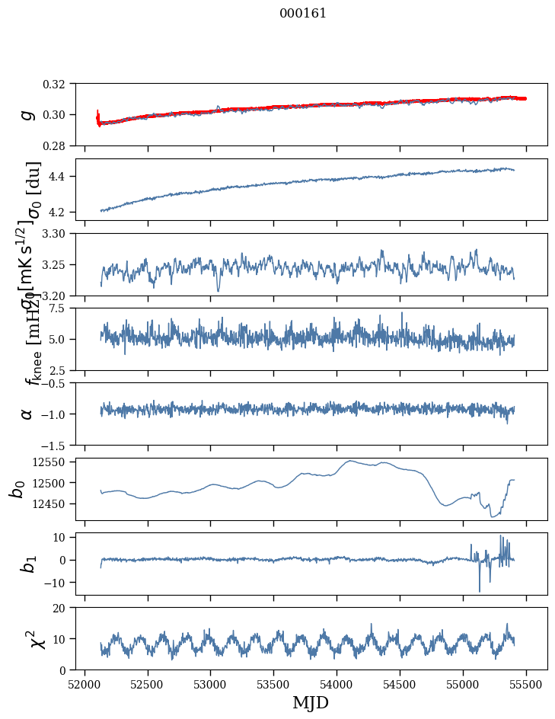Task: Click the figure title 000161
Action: [x=303, y=13]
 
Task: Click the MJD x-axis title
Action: [x=311, y=702]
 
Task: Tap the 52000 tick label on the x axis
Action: [x=85, y=684]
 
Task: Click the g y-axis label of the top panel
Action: [x=27, y=114]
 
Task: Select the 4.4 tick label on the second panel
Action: [x=63, y=177]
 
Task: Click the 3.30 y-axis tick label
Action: [x=59, y=233]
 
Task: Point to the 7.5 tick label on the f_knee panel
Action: [x=63, y=308]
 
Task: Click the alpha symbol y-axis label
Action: [x=27, y=414]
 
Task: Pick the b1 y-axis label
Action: [x=27, y=564]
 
